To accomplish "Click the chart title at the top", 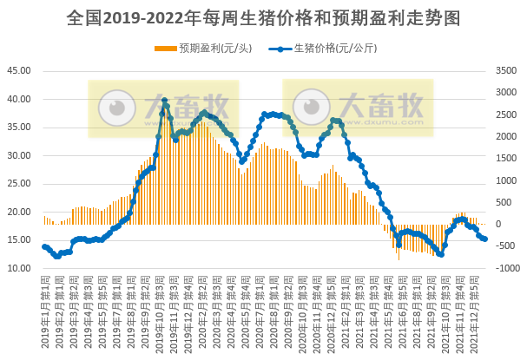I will point(263,17).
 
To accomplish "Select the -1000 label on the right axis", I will point(507,269).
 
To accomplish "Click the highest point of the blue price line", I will point(164,101).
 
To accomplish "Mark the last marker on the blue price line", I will point(484,239).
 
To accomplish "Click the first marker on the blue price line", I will point(44,246).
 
